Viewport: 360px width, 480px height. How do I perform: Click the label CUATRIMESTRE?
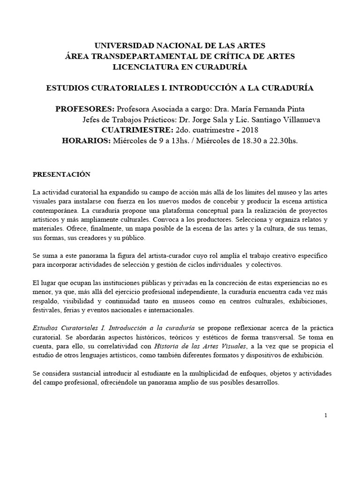coord(136,130)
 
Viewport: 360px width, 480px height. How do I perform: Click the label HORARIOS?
coord(86,140)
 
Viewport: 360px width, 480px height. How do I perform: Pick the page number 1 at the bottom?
coord(325,416)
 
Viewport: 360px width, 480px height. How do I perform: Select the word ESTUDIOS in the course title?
coord(69,88)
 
